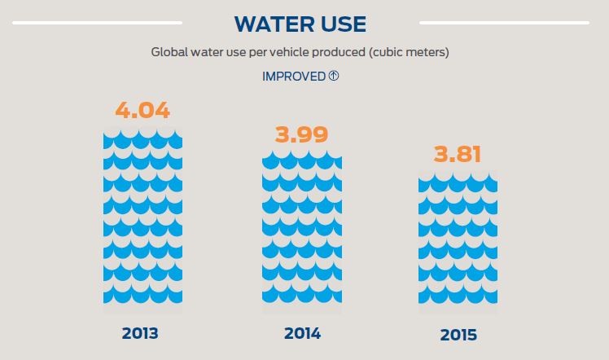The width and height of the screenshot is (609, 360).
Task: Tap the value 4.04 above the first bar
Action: (x=142, y=110)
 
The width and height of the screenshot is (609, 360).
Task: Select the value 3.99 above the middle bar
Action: (x=301, y=134)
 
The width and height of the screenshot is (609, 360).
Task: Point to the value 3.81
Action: (x=458, y=154)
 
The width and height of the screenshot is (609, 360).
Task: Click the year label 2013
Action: (x=140, y=333)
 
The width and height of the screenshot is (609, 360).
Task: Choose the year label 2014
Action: (x=302, y=333)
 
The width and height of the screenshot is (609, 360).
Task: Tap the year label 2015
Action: (x=458, y=335)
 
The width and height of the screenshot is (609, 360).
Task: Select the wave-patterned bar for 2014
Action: (x=301, y=232)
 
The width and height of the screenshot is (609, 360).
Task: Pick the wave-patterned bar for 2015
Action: (x=458, y=244)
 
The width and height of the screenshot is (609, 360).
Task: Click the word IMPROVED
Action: (x=294, y=77)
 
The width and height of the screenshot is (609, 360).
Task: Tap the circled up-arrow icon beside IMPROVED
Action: (x=333, y=76)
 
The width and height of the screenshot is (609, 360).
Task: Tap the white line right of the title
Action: (x=503, y=23)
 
